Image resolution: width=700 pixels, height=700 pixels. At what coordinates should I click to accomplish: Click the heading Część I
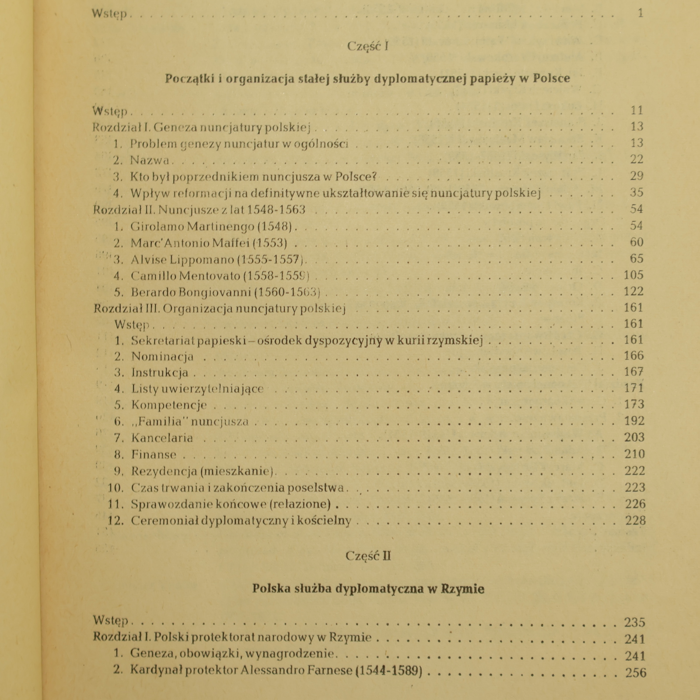pyautogui.click(x=367, y=46)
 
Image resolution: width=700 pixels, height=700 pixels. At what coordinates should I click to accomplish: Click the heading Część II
pyautogui.click(x=368, y=556)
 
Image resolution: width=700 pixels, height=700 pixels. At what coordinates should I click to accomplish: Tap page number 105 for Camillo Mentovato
pyautogui.click(x=633, y=275)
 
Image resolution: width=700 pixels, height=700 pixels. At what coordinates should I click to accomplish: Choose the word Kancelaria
pyautogui.click(x=162, y=438)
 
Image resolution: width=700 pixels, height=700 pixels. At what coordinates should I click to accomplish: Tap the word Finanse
pyautogui.click(x=154, y=455)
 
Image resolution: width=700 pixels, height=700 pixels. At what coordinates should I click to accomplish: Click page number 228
pyautogui.click(x=635, y=521)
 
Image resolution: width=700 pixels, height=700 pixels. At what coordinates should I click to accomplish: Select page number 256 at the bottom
pyautogui.click(x=636, y=672)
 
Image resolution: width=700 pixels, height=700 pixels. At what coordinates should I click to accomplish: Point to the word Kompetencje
pyautogui.click(x=169, y=405)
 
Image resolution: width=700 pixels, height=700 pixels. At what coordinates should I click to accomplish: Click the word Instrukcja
pyautogui.click(x=160, y=373)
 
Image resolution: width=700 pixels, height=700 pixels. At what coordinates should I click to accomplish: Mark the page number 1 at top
pyautogui.click(x=640, y=13)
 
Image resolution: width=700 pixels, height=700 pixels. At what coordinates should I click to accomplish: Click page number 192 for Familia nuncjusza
pyautogui.click(x=634, y=421)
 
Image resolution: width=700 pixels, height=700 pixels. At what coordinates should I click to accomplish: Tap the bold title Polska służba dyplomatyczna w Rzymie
pyautogui.click(x=368, y=589)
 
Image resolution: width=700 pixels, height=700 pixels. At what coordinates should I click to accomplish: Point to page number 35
pyautogui.click(x=637, y=192)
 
